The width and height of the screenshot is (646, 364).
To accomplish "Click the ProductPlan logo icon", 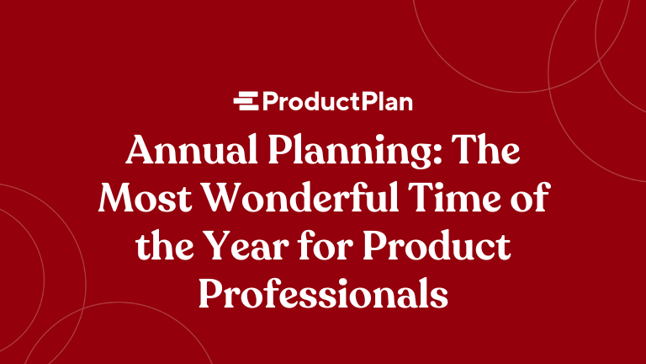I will coord(246,102).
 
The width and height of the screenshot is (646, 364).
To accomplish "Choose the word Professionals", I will coord(323,293).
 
